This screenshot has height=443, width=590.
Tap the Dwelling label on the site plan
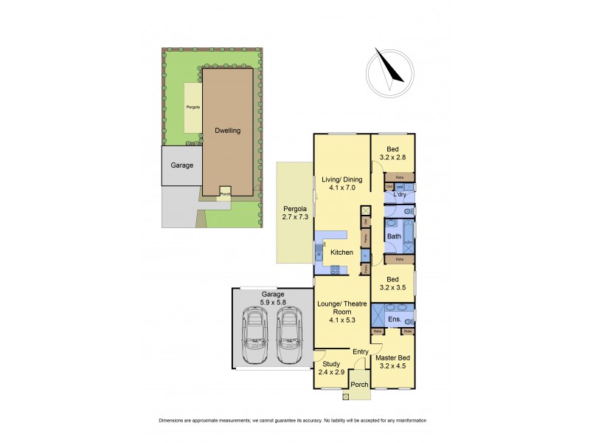pos(228,131)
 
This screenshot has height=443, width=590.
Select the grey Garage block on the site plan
pos(181,165)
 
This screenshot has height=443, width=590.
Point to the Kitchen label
pos(341,253)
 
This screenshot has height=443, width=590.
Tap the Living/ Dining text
pos(341,178)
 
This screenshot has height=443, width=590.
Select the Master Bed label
pos(392,357)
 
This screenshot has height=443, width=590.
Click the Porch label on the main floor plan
pos(359,385)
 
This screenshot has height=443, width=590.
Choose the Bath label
pos(395,236)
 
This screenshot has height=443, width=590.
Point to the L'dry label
pos(401,194)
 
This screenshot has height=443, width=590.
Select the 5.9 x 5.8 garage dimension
pos(270,303)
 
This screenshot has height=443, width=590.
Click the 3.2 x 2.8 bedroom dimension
pos(392,157)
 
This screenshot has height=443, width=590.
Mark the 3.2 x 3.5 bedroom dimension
pos(392,289)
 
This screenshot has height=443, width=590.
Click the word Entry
pos(360,351)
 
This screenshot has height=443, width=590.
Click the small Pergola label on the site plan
pos(192,108)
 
